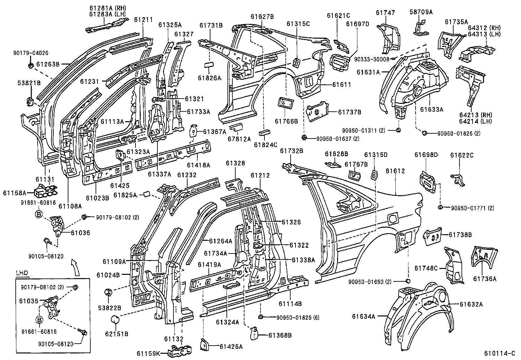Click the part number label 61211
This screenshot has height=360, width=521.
point(143,20)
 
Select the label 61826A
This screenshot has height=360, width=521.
point(209,78)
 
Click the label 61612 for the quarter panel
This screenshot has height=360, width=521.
point(395,171)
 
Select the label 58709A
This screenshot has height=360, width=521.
point(421,12)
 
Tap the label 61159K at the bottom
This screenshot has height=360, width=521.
point(149,353)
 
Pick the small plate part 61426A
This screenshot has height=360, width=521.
point(204,344)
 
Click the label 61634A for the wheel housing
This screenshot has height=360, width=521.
point(364,316)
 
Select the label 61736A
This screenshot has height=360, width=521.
point(485,279)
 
